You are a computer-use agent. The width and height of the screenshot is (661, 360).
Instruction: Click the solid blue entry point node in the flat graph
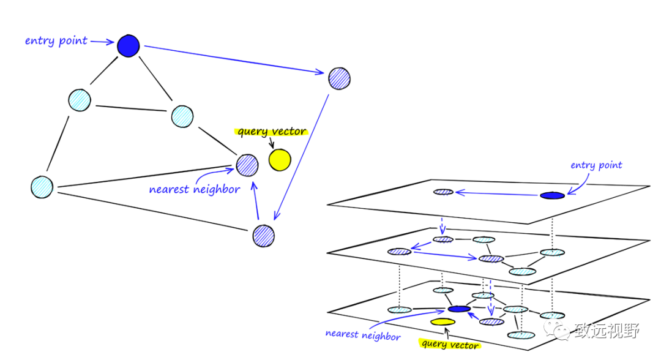[x=129, y=46]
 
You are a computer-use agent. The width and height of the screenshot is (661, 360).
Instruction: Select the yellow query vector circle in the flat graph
[x=280, y=160]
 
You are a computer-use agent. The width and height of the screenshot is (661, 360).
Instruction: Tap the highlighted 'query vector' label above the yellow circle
[x=272, y=132]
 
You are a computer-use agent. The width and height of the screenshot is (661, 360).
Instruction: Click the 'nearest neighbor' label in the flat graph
[x=194, y=189]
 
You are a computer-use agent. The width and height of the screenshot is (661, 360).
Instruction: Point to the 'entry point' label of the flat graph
[x=56, y=41]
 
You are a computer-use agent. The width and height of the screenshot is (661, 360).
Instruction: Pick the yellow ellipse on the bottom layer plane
[x=443, y=321]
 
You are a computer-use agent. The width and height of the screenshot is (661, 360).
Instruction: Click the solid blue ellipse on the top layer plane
[x=552, y=195]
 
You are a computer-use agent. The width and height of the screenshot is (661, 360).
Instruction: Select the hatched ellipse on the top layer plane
[x=444, y=192]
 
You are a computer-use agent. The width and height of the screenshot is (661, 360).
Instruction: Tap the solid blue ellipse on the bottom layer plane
[x=459, y=309]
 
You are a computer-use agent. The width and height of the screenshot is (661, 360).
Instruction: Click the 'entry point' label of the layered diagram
[x=596, y=165]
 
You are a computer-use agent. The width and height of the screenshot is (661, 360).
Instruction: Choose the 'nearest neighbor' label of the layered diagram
[x=363, y=335]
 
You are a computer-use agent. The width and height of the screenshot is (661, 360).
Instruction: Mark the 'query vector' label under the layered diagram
[x=450, y=345]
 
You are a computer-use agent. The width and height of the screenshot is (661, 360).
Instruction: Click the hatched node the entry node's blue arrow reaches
[x=339, y=78]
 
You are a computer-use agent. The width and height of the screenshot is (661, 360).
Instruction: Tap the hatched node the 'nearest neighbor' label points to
[x=247, y=164]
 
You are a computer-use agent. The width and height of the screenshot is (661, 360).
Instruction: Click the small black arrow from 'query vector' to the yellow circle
[x=272, y=143]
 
